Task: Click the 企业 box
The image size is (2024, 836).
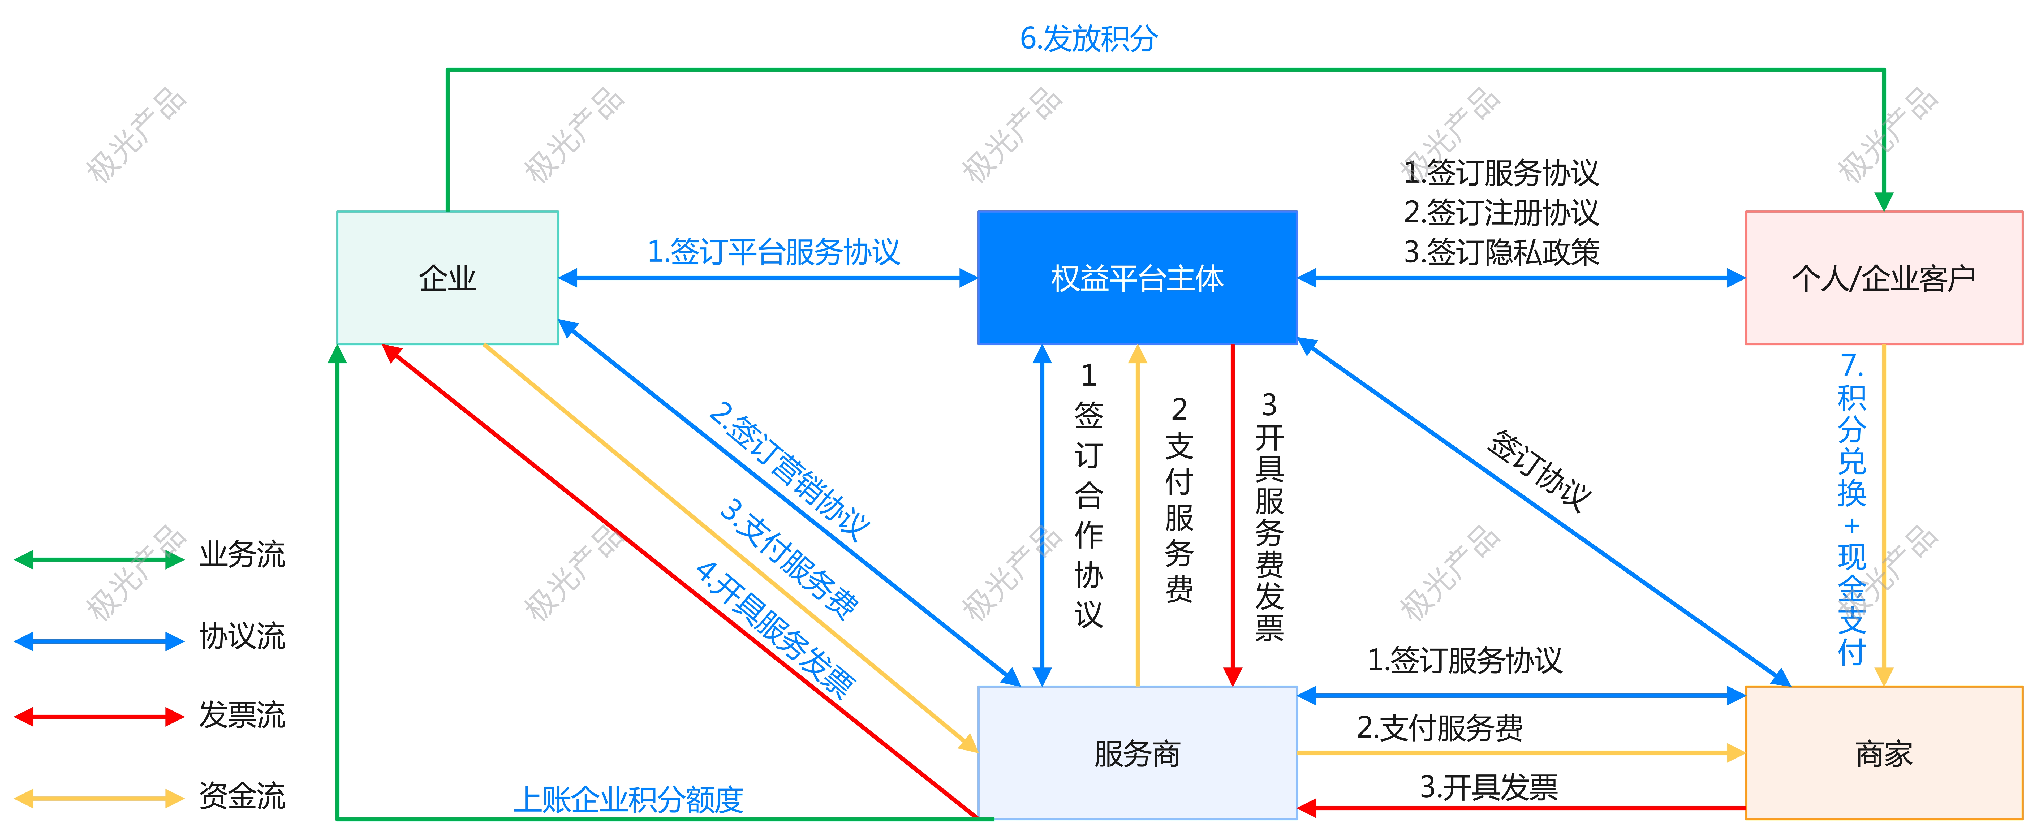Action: click(447, 277)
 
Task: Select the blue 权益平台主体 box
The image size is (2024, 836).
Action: click(1137, 277)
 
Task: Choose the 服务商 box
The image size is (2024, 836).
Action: click(1137, 753)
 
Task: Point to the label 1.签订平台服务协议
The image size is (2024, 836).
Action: click(773, 251)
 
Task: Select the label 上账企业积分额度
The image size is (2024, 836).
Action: click(628, 799)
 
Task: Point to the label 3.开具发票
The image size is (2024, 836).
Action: click(1489, 786)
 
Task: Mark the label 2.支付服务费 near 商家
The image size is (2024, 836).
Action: click(1439, 727)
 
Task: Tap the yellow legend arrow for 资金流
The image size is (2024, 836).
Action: click(99, 798)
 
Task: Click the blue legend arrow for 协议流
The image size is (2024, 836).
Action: click(99, 641)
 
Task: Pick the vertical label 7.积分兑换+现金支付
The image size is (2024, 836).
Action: click(1852, 509)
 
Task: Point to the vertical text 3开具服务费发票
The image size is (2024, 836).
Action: click(1269, 516)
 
